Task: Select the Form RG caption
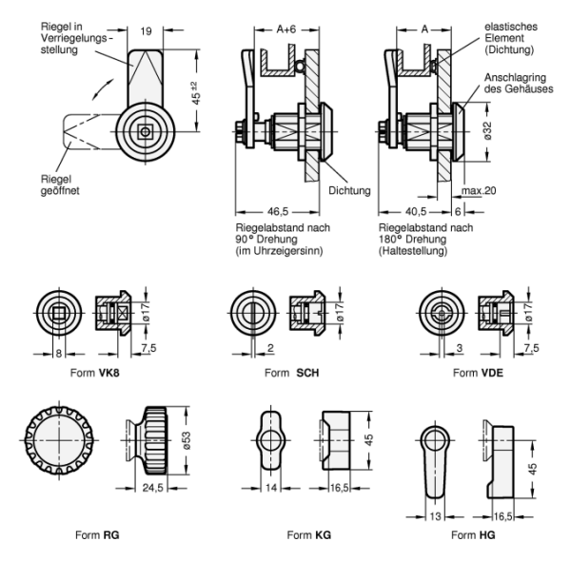pyautogui.click(x=95, y=535)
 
